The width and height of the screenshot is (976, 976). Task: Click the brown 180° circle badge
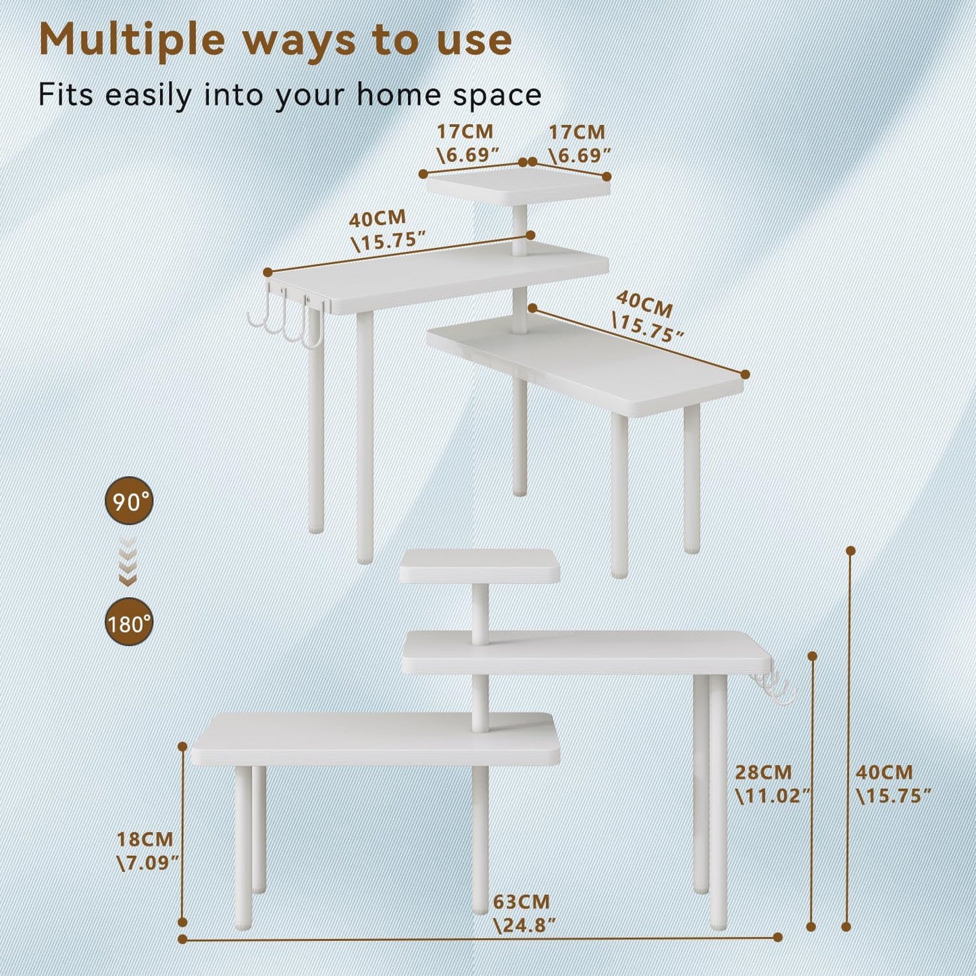coord(129,623)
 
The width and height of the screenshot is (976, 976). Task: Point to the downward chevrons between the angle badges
coord(128,562)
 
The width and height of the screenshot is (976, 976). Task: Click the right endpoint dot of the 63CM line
coord(777,937)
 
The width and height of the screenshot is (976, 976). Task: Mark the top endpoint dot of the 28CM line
coord(813,656)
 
